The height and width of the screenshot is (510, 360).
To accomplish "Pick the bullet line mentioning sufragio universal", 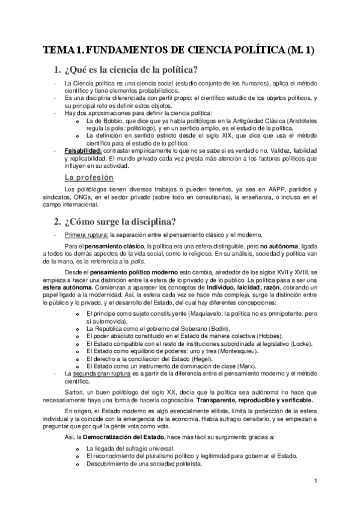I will [x=130, y=449].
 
